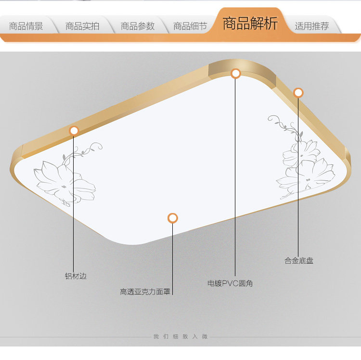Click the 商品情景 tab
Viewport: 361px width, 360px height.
point(26,26)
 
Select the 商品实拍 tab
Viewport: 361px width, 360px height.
point(82,26)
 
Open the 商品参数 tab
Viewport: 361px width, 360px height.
point(137,26)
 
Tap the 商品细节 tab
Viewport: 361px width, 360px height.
point(190,26)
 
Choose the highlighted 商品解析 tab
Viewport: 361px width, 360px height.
point(250,24)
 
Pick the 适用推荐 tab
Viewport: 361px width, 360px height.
point(311,26)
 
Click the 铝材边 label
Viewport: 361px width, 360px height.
point(76,277)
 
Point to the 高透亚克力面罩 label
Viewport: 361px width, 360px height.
point(146,292)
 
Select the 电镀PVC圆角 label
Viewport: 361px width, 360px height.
point(230,283)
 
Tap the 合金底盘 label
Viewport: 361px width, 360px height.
point(298,261)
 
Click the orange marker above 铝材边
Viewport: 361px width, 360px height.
point(74,130)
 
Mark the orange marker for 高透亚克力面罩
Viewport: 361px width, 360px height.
point(172,218)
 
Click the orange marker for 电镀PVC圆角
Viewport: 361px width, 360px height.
point(235,73)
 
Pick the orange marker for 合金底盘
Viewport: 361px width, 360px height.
point(298,93)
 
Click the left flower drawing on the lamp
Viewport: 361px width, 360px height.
point(65,181)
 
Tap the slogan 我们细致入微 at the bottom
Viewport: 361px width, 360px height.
point(180,336)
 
